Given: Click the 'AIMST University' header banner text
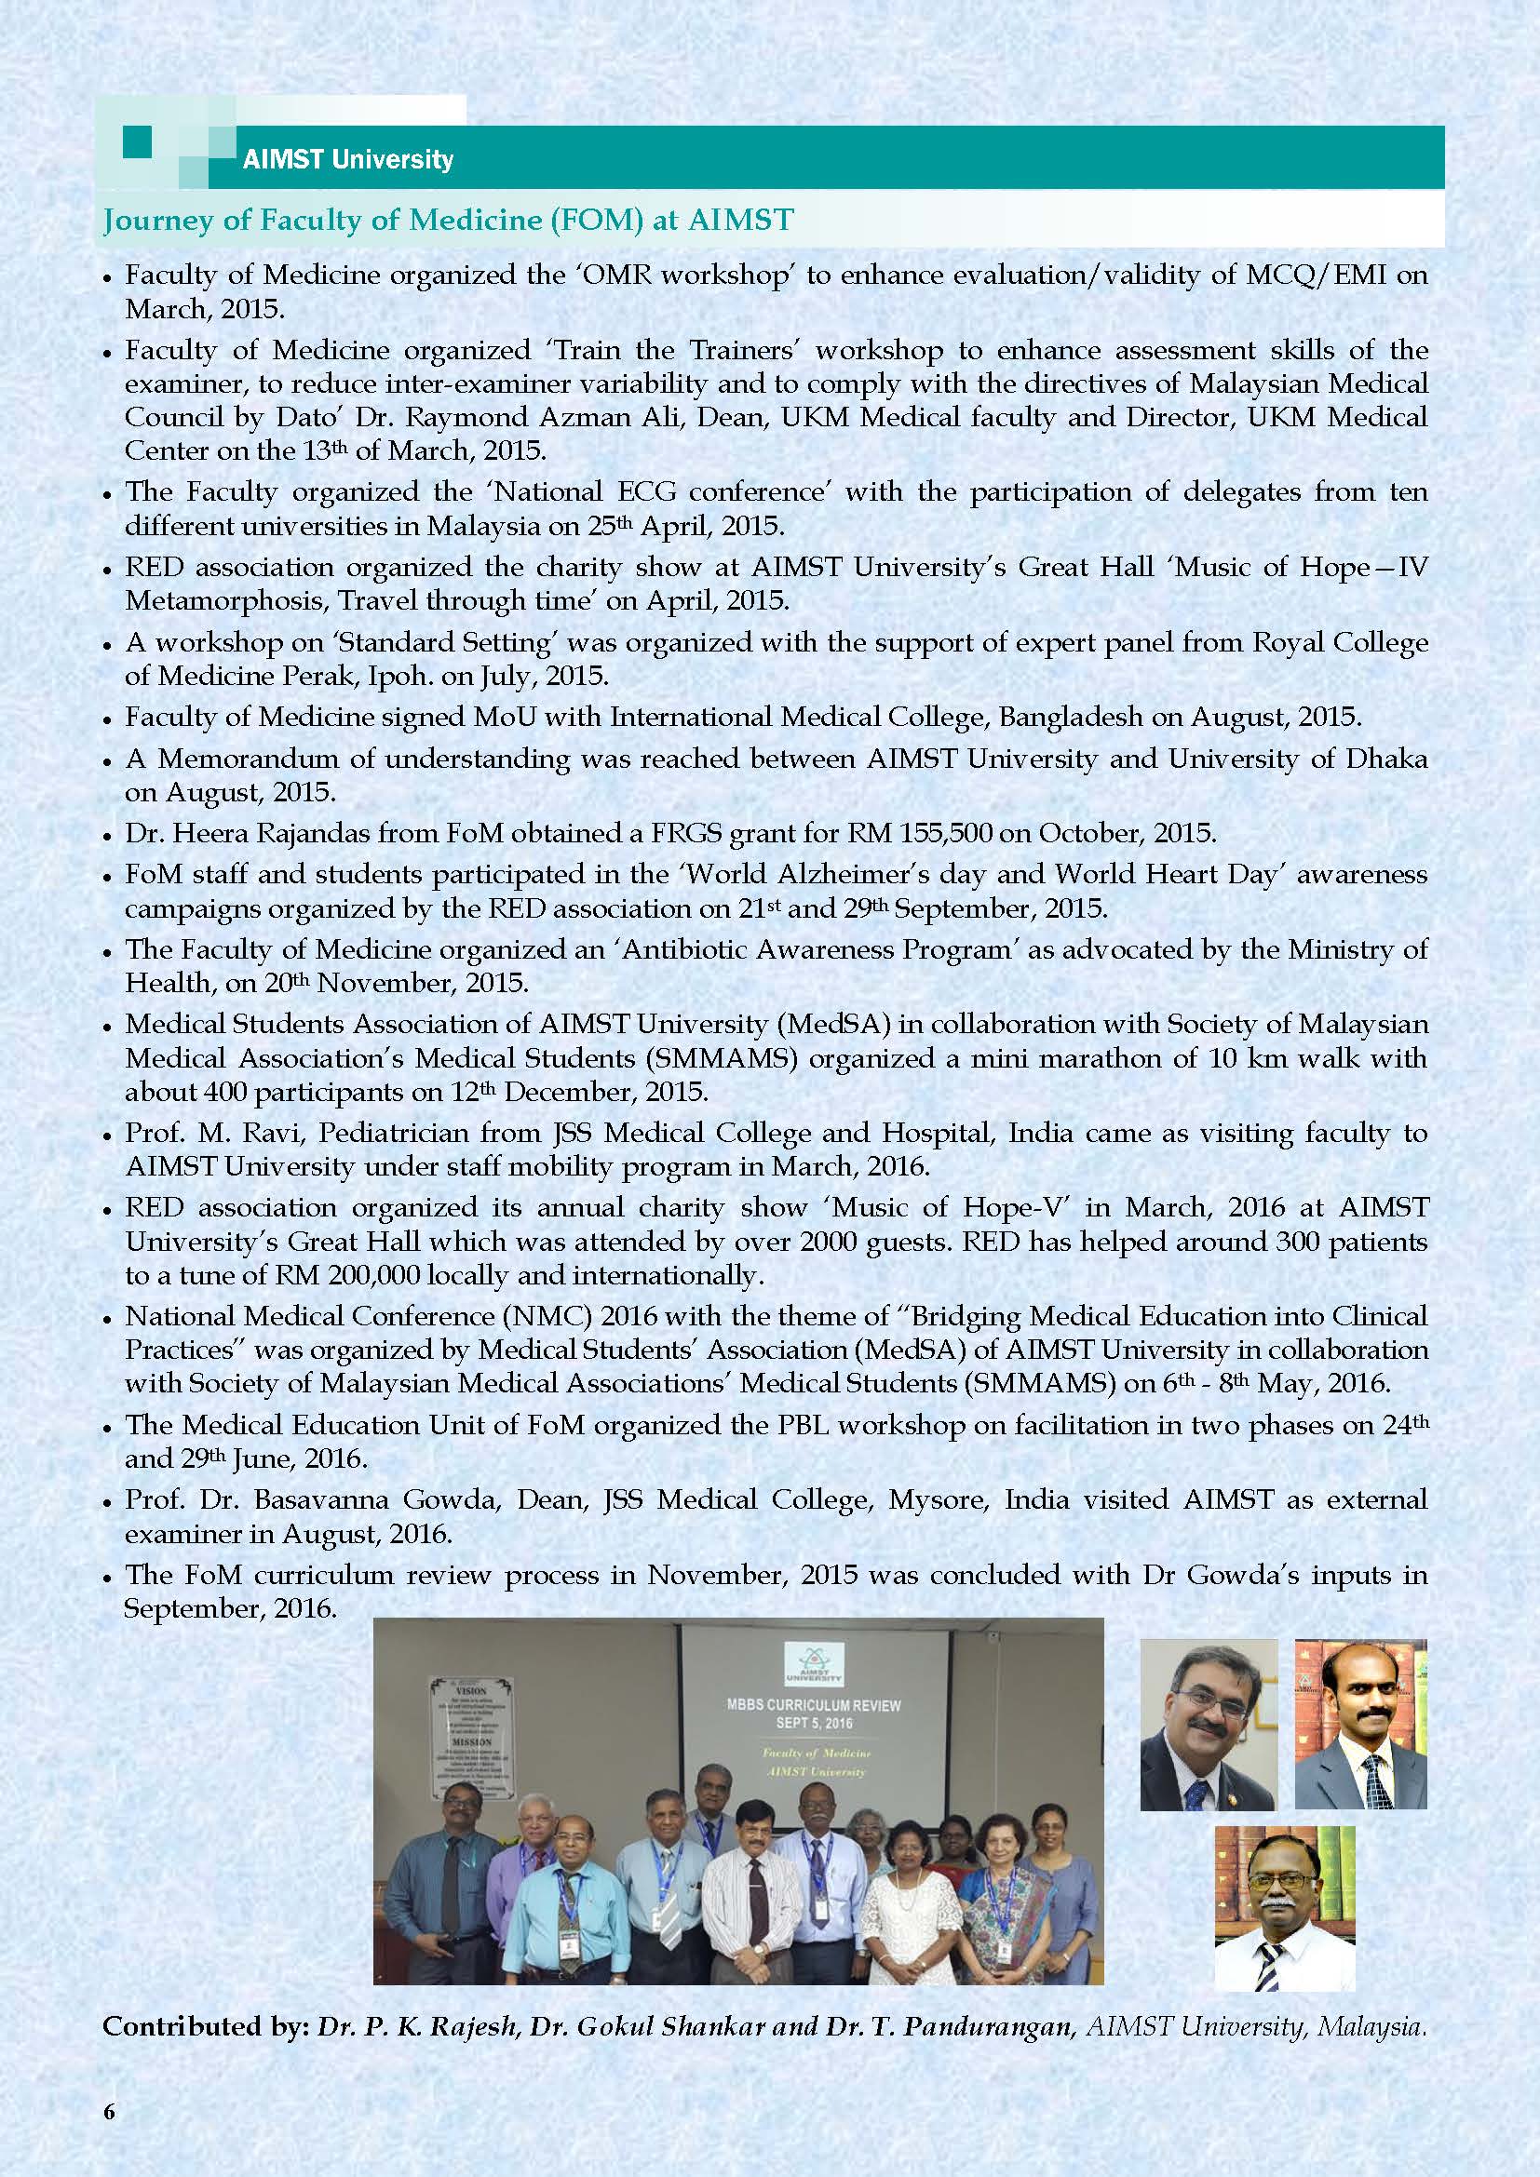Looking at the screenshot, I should (x=348, y=159).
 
